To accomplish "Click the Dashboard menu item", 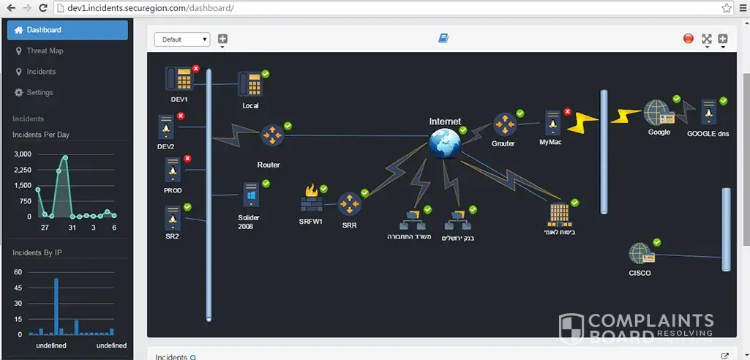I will coord(67,30).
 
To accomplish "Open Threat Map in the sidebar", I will coord(45,51).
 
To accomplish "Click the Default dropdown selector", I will coord(182,40).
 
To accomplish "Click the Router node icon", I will coord(271,135).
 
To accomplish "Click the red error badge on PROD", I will coord(187,159).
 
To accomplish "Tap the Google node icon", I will coord(658,113).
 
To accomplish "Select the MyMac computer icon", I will coord(553,122).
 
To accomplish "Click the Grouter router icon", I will coord(503,124).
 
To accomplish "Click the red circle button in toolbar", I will coord(688,39).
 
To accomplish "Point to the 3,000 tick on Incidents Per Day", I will coord(23,154).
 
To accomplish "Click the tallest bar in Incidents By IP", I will coord(56,306).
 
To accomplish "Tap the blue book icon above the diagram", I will coord(443,38).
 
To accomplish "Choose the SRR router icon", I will coord(349,204).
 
